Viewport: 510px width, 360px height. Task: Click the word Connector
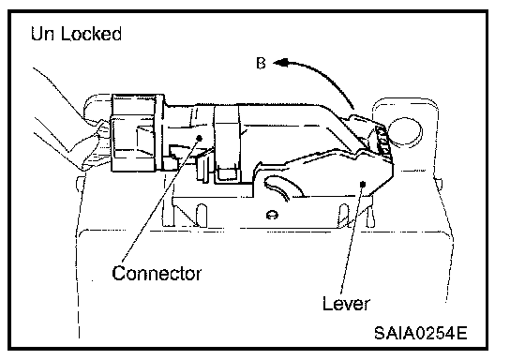tap(157, 274)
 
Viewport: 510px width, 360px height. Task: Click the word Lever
tap(346, 304)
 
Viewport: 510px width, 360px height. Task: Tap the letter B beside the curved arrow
tap(261, 63)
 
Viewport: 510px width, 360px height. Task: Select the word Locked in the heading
tap(91, 34)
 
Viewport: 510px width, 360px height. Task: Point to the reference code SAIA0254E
tap(421, 333)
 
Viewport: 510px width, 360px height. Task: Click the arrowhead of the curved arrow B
tap(280, 63)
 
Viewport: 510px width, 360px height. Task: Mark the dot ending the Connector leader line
tap(200, 138)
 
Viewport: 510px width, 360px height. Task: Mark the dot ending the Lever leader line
tap(363, 185)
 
